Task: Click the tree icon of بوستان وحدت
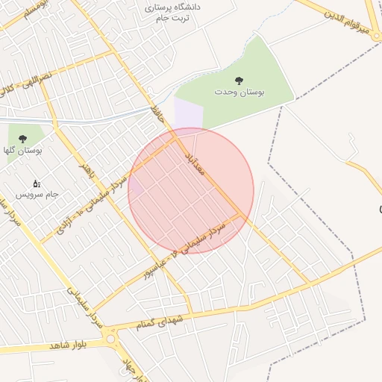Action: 239,80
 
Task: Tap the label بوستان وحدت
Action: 239,92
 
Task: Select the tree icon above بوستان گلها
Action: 22,139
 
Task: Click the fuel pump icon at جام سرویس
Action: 36,184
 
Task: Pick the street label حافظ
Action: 157,114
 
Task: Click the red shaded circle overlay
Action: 191,191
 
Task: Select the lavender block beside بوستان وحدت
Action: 188,116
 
